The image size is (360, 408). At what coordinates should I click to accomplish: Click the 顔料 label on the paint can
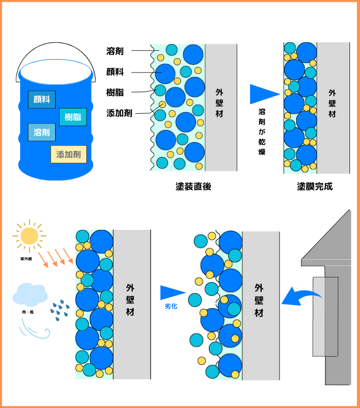pyautogui.click(x=42, y=100)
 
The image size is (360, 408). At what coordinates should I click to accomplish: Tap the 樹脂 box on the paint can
pyautogui.click(x=72, y=117)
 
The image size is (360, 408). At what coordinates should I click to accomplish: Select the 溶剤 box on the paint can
pyautogui.click(x=42, y=132)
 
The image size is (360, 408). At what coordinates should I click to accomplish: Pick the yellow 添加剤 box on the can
pyautogui.click(x=69, y=155)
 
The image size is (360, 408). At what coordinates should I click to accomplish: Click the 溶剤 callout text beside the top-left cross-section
pyautogui.click(x=115, y=50)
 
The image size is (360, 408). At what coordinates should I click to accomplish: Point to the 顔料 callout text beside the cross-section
pyautogui.click(x=115, y=72)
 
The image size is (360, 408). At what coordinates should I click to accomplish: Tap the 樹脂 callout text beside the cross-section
pyautogui.click(x=115, y=92)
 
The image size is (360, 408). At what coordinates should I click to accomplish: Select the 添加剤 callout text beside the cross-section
pyautogui.click(x=120, y=113)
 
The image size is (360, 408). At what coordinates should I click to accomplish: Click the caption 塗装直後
pyautogui.click(x=193, y=186)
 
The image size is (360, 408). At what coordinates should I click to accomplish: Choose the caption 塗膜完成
pyautogui.click(x=314, y=186)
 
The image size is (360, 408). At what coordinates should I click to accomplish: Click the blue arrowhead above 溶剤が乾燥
pyautogui.click(x=263, y=95)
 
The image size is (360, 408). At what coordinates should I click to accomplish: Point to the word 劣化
pyautogui.click(x=171, y=306)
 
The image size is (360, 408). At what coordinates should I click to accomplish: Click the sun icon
pyautogui.click(x=29, y=235)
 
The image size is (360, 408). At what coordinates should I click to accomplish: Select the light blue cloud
pyautogui.click(x=30, y=294)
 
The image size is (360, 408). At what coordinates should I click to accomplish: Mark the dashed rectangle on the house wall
pyautogui.click(x=325, y=316)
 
